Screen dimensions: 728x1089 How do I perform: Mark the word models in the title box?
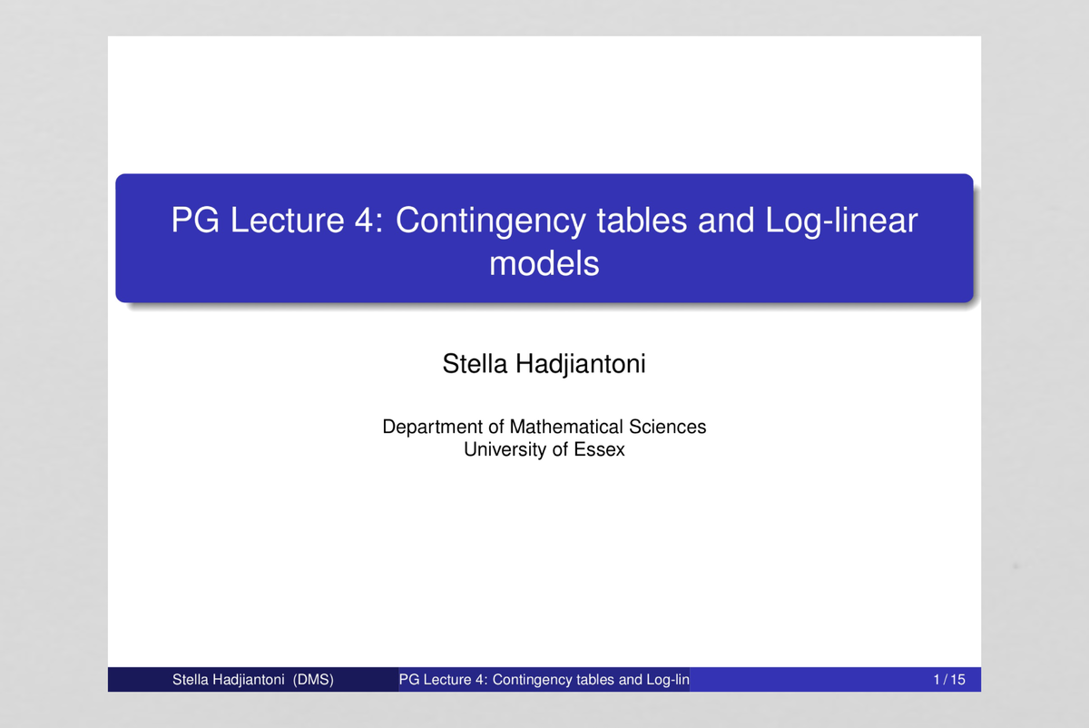point(544,264)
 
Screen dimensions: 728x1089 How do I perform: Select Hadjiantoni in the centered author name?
point(581,366)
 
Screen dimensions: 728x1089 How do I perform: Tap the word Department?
point(433,427)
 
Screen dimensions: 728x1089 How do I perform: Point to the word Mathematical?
point(567,427)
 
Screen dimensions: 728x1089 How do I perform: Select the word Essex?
point(600,449)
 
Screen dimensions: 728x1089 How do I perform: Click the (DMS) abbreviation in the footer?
point(313,680)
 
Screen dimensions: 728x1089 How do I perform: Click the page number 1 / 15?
point(949,680)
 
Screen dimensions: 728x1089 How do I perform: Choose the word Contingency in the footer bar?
point(532,680)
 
